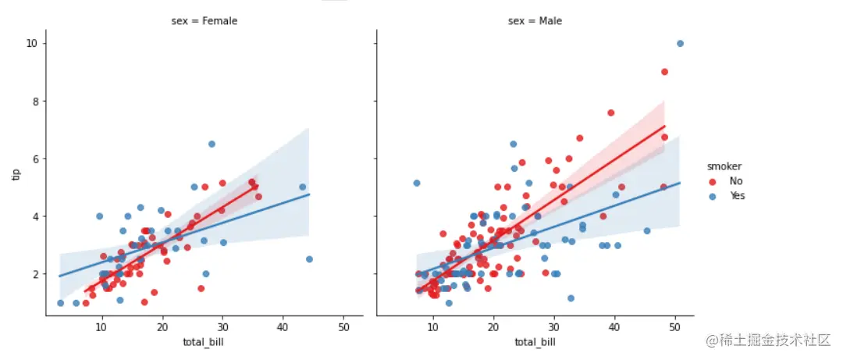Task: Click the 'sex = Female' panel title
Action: pyautogui.click(x=205, y=21)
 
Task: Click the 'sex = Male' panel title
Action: pyautogui.click(x=535, y=21)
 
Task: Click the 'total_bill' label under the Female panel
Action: pyautogui.click(x=205, y=341)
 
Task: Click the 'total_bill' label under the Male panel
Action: pyautogui.click(x=535, y=341)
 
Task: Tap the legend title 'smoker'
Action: pyautogui.click(x=724, y=166)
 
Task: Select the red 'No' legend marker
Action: pyautogui.click(x=712, y=181)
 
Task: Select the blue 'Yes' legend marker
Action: pyautogui.click(x=712, y=196)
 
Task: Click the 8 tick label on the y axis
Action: pyautogui.click(x=31, y=101)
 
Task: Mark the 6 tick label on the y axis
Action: pyautogui.click(x=31, y=159)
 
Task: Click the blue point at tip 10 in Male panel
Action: pyautogui.click(x=680, y=44)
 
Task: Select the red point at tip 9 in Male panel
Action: pyautogui.click(x=664, y=72)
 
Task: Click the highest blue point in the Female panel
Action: pyautogui.click(x=212, y=144)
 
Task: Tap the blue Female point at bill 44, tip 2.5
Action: pyautogui.click(x=309, y=259)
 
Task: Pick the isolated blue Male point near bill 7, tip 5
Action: pyautogui.click(x=417, y=183)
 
